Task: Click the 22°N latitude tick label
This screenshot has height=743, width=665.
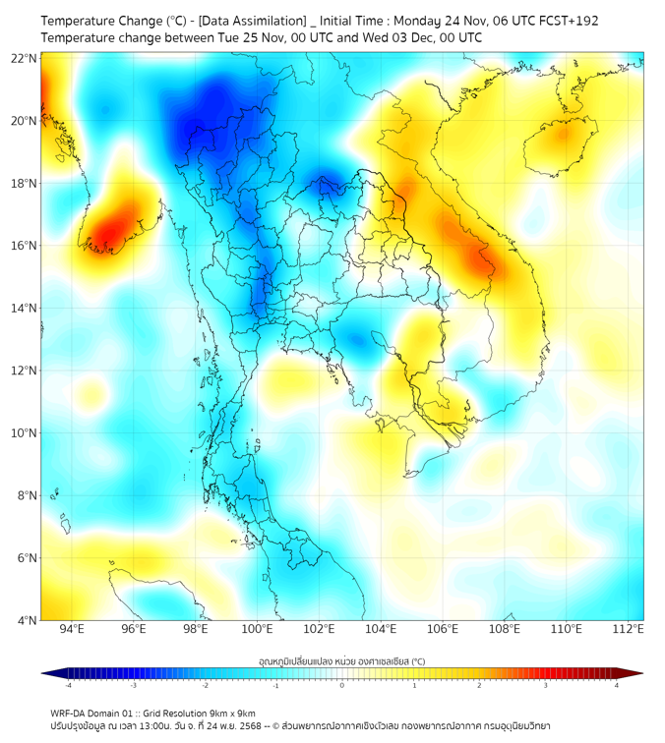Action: pyautogui.click(x=25, y=58)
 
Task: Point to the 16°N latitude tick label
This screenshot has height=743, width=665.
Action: pyautogui.click(x=25, y=246)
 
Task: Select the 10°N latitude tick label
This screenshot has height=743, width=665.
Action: pyautogui.click(x=25, y=433)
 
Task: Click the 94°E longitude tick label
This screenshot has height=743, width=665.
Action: pyautogui.click(x=72, y=630)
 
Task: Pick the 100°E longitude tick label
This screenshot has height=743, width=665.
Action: pyautogui.click(x=258, y=630)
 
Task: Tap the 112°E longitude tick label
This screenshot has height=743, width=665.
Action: pyautogui.click(x=628, y=630)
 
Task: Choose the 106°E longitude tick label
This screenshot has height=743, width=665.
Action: pyautogui.click(x=443, y=630)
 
